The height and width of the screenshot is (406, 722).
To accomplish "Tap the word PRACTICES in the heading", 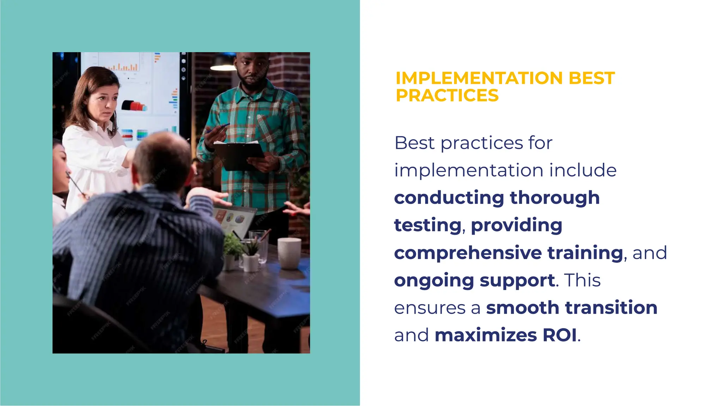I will click(x=447, y=96).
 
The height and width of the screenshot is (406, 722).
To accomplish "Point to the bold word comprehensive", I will click(x=468, y=253).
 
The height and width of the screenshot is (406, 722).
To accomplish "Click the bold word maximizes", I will click(x=485, y=335).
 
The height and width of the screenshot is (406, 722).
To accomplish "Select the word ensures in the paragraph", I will click(x=430, y=308).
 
